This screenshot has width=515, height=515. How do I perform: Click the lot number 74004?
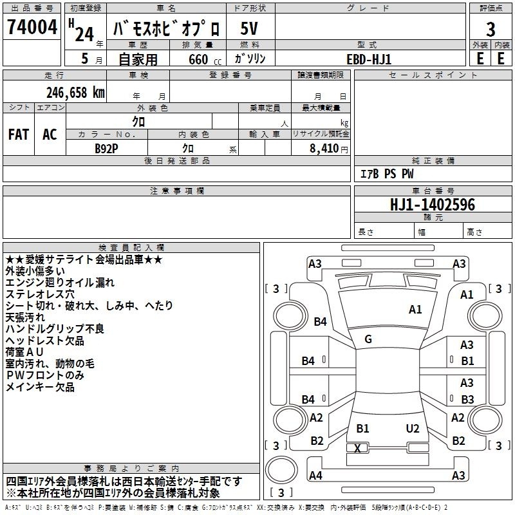32,28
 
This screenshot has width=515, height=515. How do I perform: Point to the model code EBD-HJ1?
368,59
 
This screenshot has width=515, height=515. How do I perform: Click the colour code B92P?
107,147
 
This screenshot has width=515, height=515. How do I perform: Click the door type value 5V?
250,28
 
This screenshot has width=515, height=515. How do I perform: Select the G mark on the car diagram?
368,339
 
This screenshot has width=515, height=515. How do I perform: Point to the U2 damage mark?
413,429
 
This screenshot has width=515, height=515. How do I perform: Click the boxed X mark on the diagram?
357,448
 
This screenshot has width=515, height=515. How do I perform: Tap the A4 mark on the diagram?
315,476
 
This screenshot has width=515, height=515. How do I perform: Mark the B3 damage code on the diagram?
467,399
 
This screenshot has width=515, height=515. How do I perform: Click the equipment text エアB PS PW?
386,174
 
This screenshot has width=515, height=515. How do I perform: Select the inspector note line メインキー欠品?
40,387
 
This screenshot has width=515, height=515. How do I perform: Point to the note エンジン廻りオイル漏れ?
60,283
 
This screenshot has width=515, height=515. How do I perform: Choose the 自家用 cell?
138,59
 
